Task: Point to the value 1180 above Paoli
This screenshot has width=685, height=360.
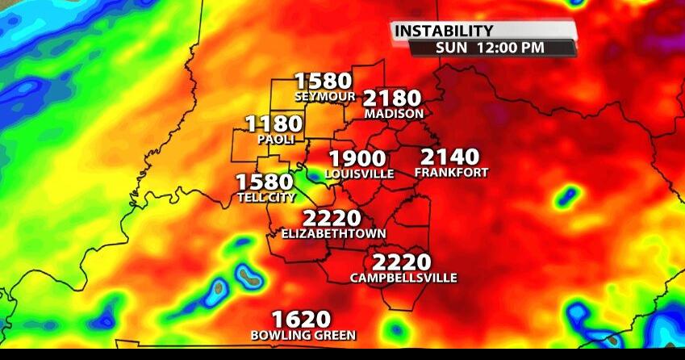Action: [274, 124]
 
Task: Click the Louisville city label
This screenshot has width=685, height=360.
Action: [360, 174]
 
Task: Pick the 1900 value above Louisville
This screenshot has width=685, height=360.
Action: [357, 159]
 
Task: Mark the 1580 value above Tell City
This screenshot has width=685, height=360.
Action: [264, 182]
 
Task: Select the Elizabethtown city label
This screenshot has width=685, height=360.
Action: [334, 233]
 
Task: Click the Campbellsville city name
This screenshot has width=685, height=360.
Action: [403, 278]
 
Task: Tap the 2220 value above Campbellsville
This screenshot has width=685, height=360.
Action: [402, 263]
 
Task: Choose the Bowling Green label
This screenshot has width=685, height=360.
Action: [303, 335]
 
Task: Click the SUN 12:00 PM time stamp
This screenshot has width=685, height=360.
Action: [490, 47]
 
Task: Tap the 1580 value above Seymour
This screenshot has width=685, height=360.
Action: [324, 82]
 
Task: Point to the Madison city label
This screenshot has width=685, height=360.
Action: [394, 114]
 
